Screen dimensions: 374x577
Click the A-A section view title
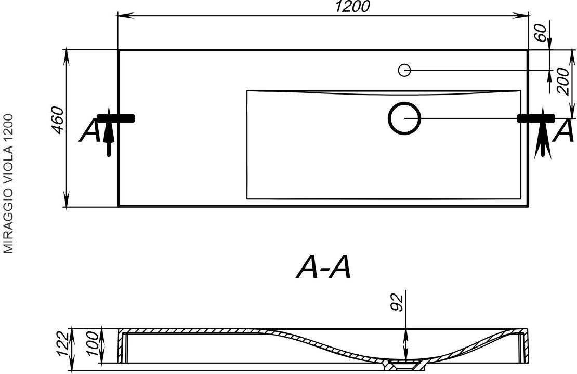(324, 268)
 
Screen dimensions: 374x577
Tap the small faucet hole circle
(404, 70)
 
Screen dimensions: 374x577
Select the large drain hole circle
(404, 118)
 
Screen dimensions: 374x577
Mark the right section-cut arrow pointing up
(544, 135)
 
